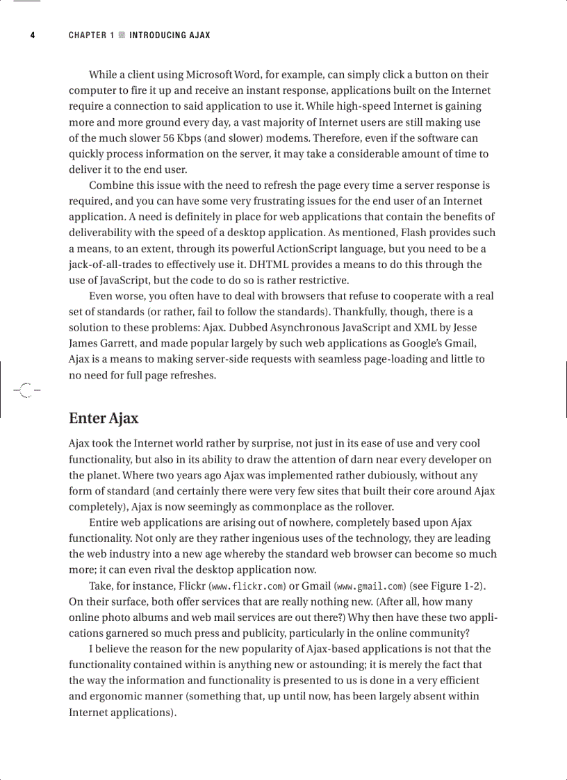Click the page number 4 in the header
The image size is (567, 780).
33,35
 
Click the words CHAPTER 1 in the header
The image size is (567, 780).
91,35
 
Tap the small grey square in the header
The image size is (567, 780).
122,35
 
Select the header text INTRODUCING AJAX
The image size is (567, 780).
170,35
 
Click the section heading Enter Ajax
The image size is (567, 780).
104,418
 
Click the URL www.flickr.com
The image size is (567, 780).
252,586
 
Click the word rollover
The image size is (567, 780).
372,506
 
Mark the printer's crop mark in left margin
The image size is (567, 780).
25,390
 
